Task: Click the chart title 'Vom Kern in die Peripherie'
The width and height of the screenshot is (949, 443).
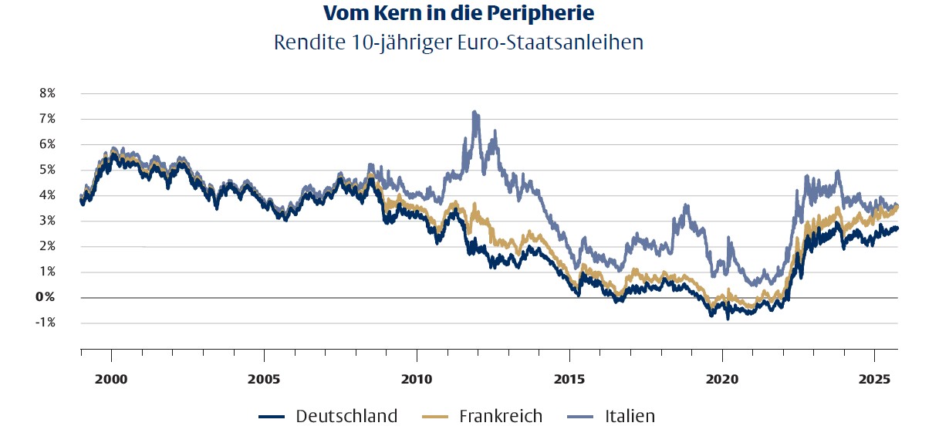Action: coord(458,13)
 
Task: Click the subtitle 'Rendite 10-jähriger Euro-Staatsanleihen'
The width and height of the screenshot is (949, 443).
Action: coord(458,42)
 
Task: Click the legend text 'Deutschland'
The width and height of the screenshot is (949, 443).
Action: coord(346,417)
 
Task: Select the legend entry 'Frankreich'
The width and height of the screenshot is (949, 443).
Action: coord(501,417)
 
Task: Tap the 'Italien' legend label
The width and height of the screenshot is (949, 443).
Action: coord(630,417)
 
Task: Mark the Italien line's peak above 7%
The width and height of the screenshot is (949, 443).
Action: coord(474,112)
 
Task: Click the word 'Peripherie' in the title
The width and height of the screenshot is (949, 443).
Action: coord(555,13)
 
